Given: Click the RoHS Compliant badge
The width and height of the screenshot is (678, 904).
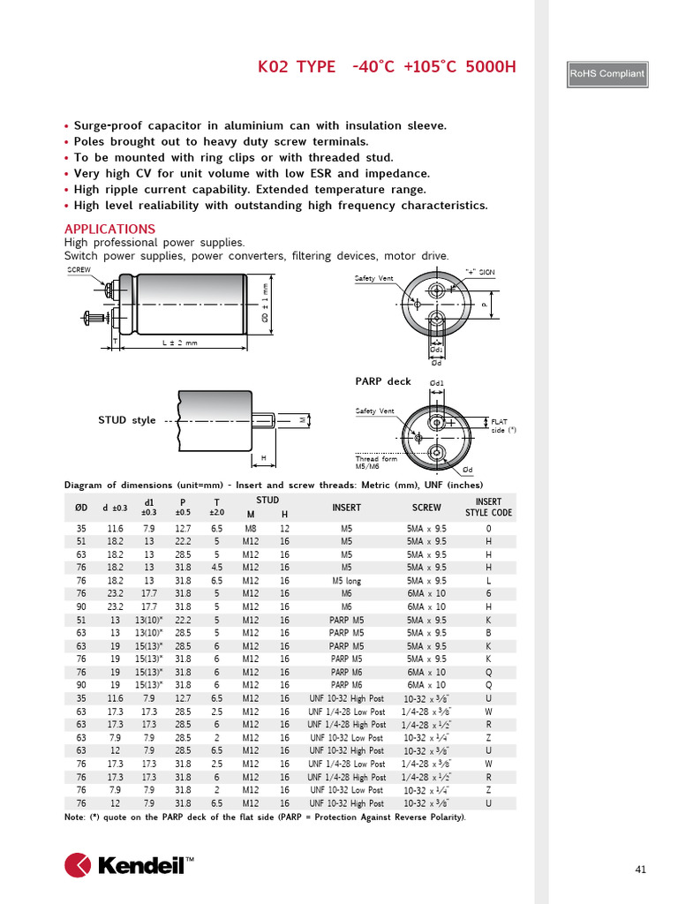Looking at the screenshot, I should [x=607, y=74].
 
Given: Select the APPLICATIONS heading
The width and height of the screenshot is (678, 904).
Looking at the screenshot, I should [x=109, y=229].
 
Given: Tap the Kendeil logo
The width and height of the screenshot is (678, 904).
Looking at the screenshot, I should [x=129, y=865].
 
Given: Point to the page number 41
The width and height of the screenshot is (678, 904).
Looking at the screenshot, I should [x=641, y=870].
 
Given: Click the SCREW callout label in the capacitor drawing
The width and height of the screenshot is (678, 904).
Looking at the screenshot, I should [x=79, y=270].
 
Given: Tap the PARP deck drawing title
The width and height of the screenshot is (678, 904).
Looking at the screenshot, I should [x=383, y=381].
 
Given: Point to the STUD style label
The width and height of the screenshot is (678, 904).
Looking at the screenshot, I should [x=127, y=420].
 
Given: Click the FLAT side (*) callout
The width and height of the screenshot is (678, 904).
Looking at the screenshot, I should [x=503, y=426].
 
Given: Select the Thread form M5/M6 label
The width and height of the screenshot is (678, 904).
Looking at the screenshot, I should [x=376, y=462].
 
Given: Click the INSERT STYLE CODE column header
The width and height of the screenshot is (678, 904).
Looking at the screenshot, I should [x=488, y=507].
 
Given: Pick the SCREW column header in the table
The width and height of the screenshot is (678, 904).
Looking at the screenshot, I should [x=426, y=508].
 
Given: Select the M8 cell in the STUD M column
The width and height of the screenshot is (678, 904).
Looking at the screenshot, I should [x=250, y=528].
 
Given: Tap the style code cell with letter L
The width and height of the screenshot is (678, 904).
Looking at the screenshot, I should [x=488, y=581].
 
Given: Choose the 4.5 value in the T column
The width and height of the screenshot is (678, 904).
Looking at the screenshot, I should [x=216, y=568].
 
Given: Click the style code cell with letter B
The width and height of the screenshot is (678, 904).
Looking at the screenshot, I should [x=488, y=633].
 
